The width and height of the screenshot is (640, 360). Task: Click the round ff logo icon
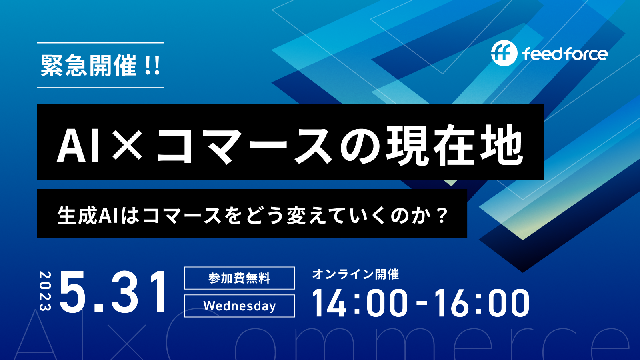[x=504, y=53]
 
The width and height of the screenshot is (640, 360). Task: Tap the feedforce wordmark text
[x=565, y=54]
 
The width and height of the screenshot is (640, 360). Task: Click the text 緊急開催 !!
[x=100, y=66]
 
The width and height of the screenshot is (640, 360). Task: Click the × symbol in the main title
[x=127, y=144]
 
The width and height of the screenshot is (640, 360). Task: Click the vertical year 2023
[x=45, y=290]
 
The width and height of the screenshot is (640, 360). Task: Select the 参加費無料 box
[x=240, y=278]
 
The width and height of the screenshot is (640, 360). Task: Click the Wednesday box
[x=240, y=306]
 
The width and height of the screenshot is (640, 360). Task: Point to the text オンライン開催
[x=356, y=274]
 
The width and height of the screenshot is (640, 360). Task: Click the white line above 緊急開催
[x=100, y=43]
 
